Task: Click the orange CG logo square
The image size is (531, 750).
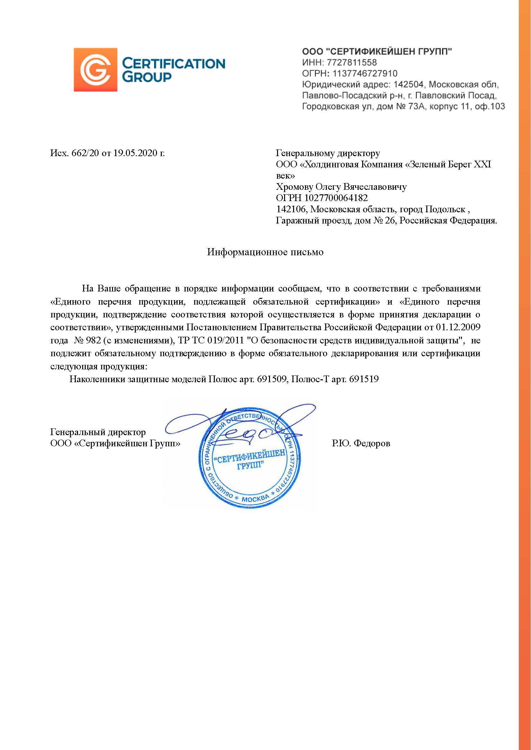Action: [95, 70]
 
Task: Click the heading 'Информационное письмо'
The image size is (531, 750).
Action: [265, 252]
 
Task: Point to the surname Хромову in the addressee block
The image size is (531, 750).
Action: [294, 187]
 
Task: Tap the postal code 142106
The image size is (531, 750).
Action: [291, 209]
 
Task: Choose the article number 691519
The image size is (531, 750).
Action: [364, 379]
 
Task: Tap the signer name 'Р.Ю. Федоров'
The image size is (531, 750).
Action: [361, 443]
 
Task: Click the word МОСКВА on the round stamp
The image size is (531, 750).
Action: [255, 499]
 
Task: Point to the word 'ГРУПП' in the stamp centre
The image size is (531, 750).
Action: [250, 465]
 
